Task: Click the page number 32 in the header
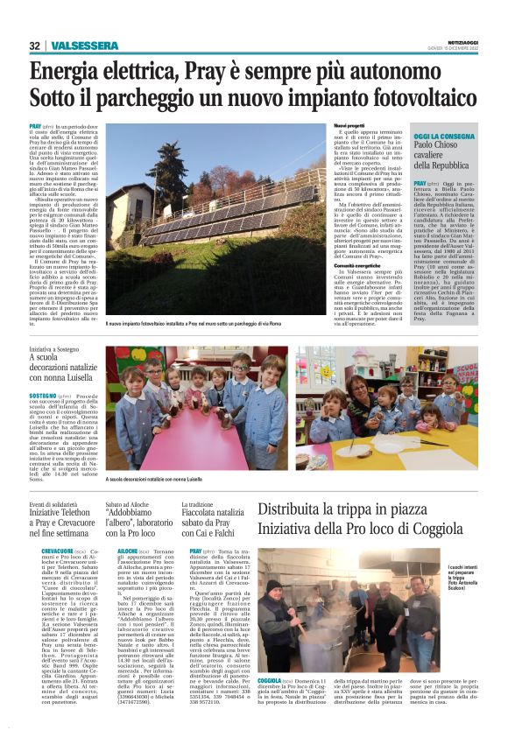coord(35,46)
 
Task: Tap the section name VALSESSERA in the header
coord(84,46)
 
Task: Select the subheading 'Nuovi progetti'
coord(350,126)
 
